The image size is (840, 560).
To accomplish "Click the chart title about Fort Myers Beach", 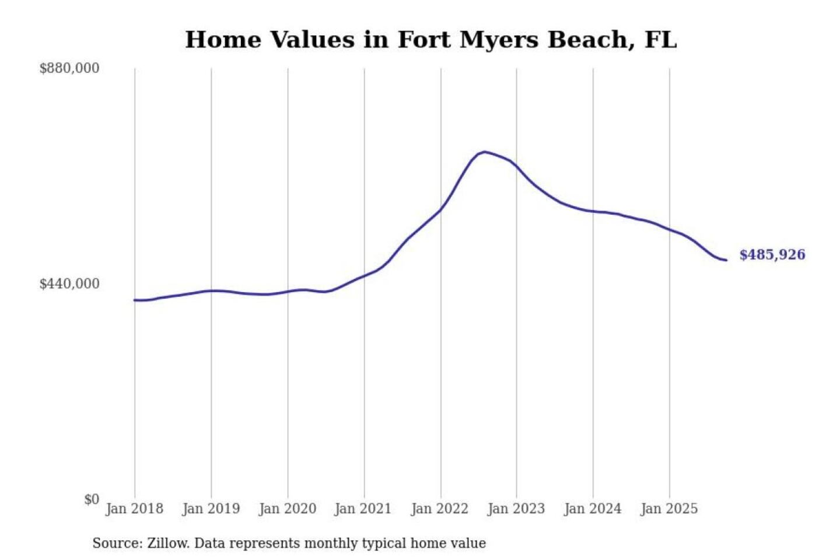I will (x=430, y=40).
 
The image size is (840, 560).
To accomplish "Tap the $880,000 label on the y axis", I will (x=69, y=68).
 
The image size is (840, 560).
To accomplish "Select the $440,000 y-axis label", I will (x=69, y=284).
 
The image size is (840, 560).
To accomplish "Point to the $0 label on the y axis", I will (x=92, y=499).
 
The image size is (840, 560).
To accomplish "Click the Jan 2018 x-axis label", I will (x=135, y=509).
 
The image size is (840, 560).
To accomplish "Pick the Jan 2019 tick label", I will (x=211, y=509).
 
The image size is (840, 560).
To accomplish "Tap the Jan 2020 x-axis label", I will (x=288, y=509).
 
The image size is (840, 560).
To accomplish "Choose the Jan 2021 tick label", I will (x=363, y=509).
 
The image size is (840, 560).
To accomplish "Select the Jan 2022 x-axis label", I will (x=440, y=509).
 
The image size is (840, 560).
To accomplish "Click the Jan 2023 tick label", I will (x=516, y=509).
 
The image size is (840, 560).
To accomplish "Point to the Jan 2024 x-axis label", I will (x=593, y=509).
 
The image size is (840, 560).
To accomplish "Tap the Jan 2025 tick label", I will (x=669, y=509).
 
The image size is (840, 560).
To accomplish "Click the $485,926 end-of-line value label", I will (x=772, y=255).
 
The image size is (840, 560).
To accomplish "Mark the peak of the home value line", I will (x=485, y=152).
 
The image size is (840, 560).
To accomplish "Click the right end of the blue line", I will (x=726, y=260).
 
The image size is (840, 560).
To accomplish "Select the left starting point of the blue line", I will (x=135, y=300).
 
